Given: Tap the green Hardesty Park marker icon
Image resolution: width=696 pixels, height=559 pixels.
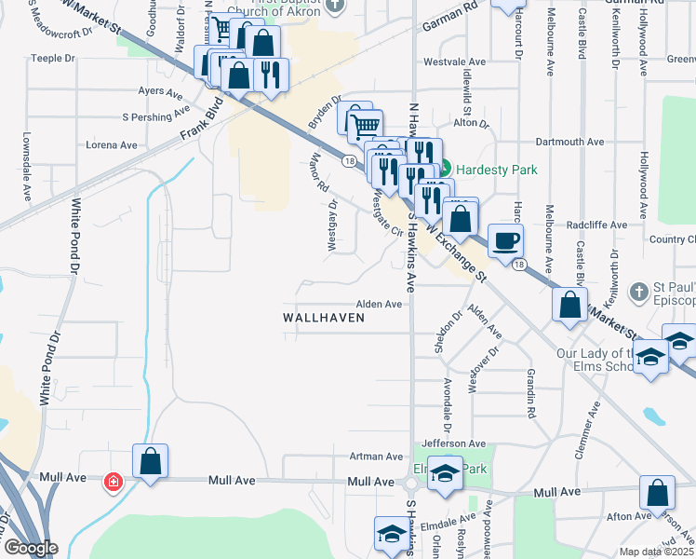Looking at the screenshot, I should tap(445, 169).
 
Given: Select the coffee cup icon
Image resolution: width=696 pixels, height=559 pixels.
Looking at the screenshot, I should tap(505, 241).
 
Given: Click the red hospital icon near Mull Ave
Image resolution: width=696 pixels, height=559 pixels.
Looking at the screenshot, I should tap(113, 482).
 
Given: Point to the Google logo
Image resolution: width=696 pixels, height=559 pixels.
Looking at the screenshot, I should tap(30, 548).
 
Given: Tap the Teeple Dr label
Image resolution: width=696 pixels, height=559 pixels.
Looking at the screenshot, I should tap(53, 58).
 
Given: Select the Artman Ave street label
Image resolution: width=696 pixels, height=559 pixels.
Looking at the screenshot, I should tap(376, 457).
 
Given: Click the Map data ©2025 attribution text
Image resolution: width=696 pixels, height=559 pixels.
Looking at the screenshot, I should tap(656, 552).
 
